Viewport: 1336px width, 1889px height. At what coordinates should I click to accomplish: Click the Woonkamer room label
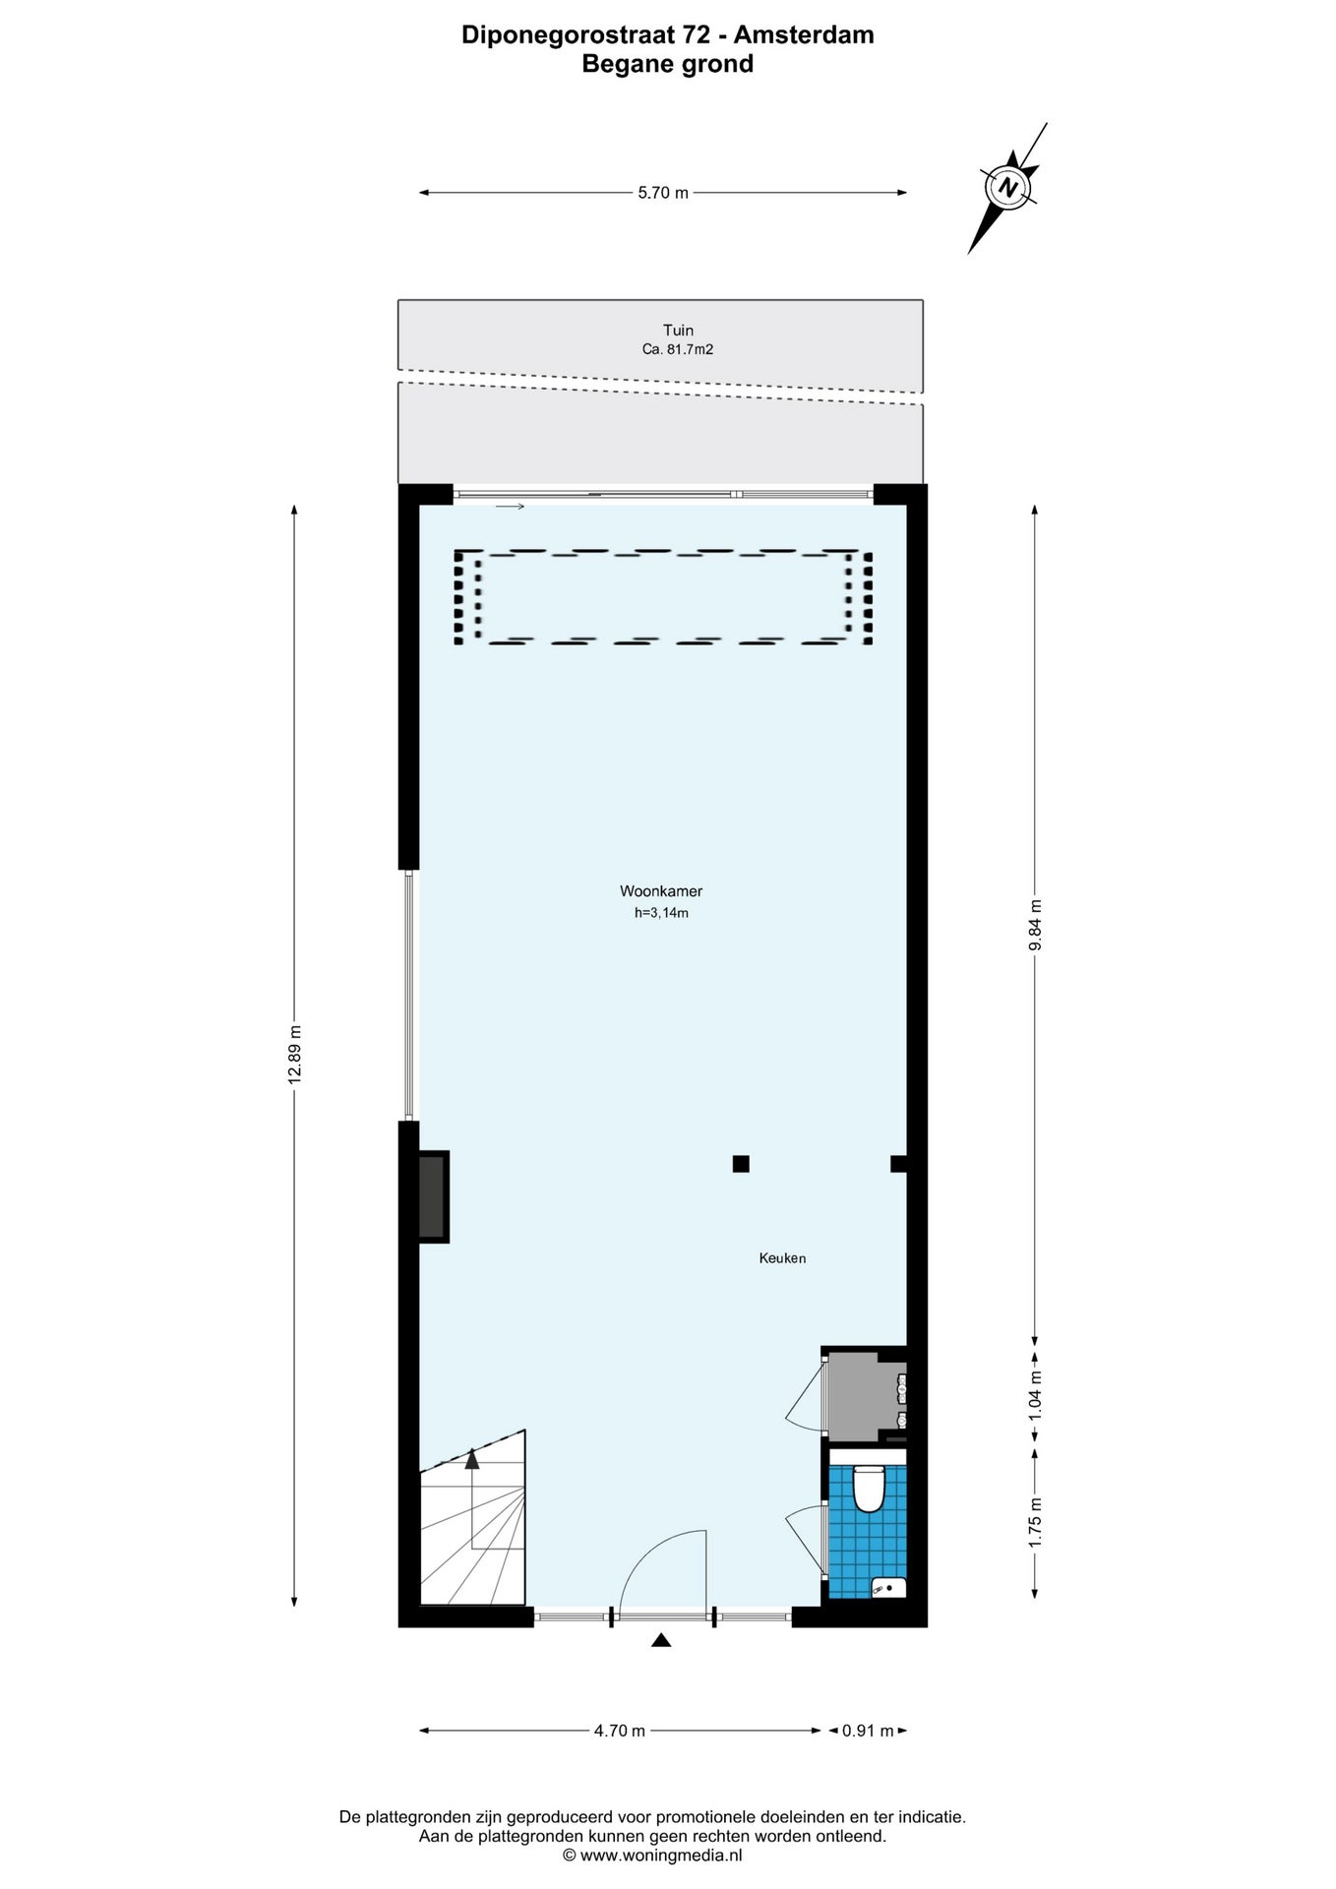coord(660,891)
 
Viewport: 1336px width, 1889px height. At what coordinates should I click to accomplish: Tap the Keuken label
coord(782,1257)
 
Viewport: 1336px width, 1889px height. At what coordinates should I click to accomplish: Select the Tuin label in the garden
coord(678,331)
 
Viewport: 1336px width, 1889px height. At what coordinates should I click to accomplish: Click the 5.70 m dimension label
coord(663,193)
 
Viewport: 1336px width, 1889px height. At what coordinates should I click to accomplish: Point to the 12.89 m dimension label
coord(295,1055)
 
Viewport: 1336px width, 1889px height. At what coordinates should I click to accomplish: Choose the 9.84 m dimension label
coord(1035,925)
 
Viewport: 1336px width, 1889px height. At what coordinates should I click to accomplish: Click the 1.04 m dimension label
coord(1035,1395)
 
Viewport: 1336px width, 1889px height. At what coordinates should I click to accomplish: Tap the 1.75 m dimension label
coord(1035,1522)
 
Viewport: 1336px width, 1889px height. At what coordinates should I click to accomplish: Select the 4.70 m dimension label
coord(620,1731)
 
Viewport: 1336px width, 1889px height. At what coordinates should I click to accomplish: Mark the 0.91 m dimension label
coord(868,1731)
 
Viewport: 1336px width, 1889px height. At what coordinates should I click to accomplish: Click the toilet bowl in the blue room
coord(868,1489)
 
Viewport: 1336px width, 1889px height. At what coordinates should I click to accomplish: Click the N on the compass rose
coord(1006,186)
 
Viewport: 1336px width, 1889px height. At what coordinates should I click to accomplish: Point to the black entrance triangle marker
coord(661,1640)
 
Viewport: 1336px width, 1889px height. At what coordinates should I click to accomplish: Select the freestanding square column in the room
coord(741,1164)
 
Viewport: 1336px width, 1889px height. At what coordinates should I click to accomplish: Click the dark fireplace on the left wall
coord(433,1196)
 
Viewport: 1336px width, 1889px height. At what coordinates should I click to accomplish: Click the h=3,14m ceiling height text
coord(661,913)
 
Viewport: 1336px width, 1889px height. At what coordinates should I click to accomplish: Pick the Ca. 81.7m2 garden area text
coord(678,348)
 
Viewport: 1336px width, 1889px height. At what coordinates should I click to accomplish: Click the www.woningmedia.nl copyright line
coord(652,1855)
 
